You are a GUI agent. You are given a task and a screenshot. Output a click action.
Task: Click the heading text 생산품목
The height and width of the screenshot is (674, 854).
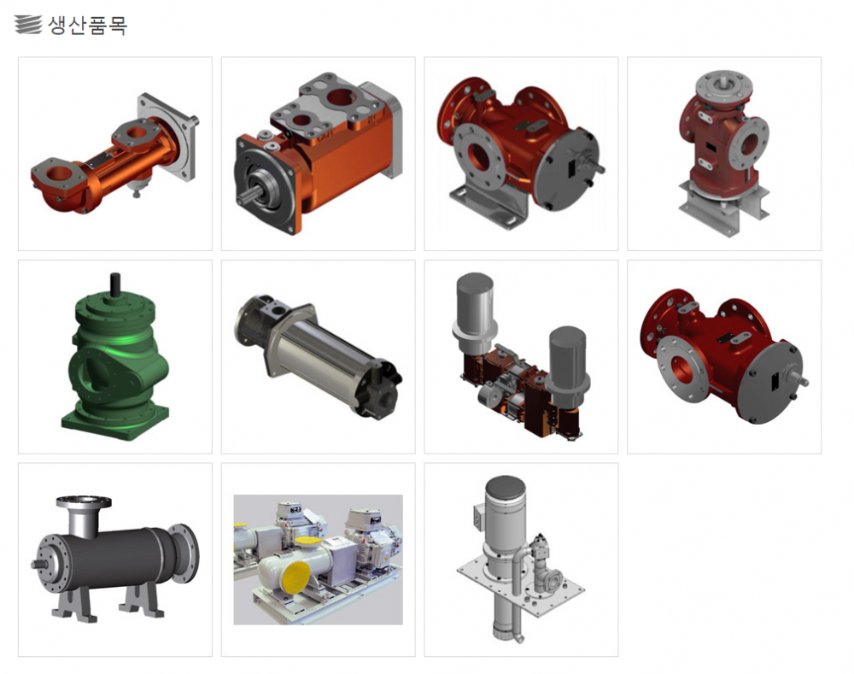point(88,25)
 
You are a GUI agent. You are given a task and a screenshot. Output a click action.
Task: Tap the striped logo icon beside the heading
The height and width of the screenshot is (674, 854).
point(28,25)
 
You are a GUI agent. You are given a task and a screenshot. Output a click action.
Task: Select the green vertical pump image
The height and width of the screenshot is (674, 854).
point(115,357)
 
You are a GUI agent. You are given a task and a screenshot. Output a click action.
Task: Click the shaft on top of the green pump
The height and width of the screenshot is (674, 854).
point(115,284)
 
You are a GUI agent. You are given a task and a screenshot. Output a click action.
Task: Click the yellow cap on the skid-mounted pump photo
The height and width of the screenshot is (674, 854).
point(298,578)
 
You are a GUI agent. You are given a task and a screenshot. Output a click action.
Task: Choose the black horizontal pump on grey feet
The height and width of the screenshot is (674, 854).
point(115,559)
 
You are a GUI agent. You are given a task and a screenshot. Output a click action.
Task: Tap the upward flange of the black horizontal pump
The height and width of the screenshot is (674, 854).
point(84,501)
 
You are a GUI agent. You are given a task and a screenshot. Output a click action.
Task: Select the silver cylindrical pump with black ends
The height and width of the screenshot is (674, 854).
point(318,356)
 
